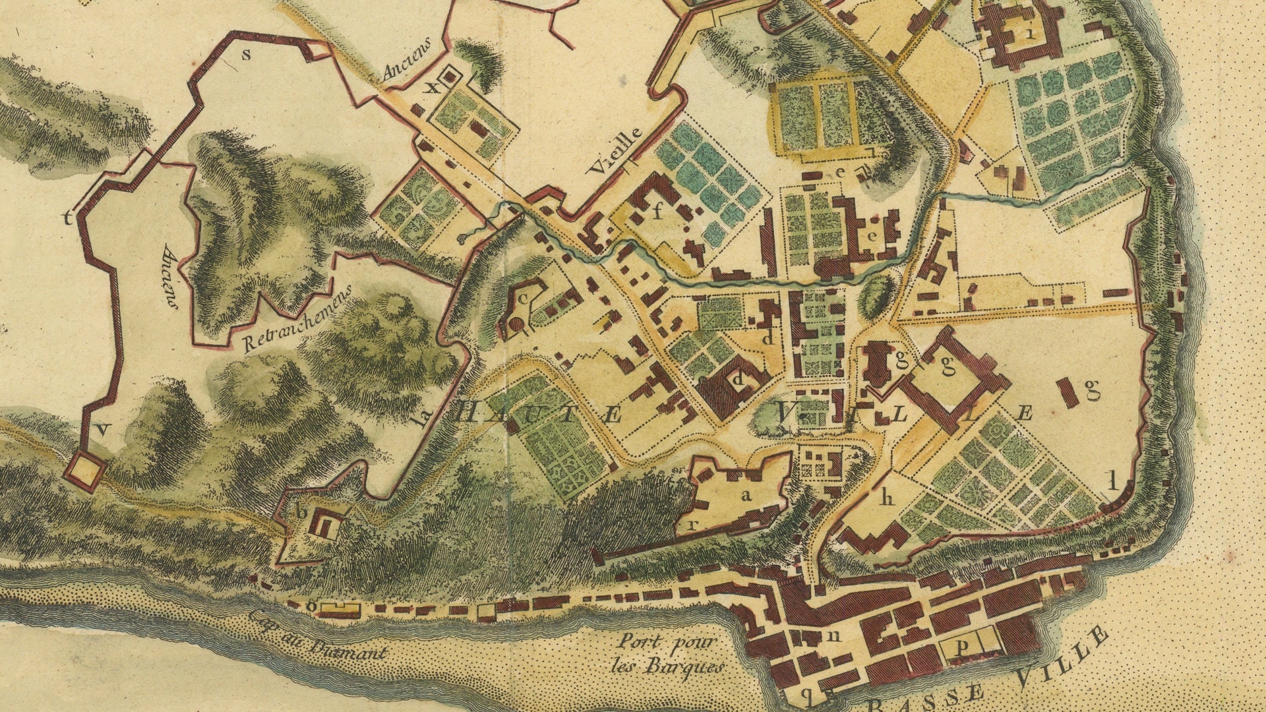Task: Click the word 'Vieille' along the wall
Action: click(x=615, y=150)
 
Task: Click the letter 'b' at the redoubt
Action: click(x=301, y=511)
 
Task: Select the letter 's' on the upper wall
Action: click(x=247, y=55)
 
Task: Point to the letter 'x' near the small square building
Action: click(x=433, y=88)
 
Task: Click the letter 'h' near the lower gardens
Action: click(x=888, y=498)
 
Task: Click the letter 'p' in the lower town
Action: click(x=961, y=648)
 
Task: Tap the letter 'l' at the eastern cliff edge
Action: click(x=1112, y=482)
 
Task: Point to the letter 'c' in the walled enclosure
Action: click(x=524, y=298)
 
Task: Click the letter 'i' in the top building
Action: click(x=1029, y=35)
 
